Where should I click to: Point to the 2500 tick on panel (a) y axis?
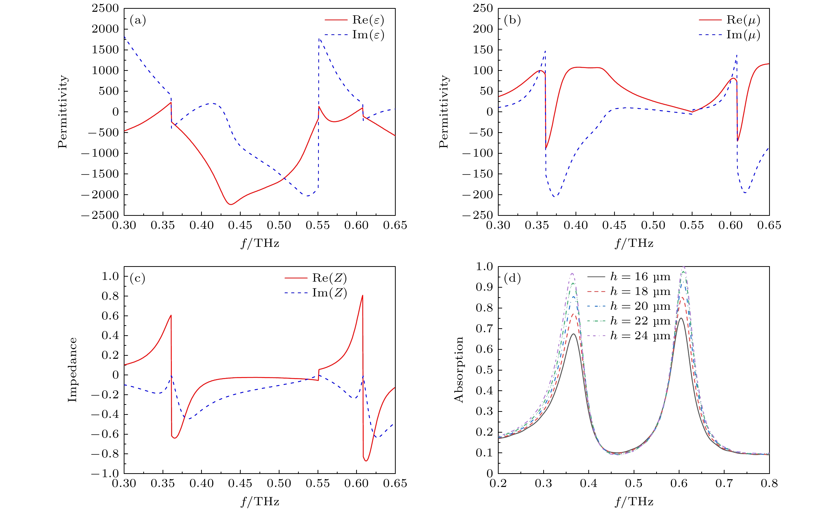(105, 8)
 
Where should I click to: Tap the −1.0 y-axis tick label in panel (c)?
(105, 473)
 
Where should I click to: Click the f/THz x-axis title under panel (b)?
(634, 243)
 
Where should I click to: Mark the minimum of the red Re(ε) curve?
(231, 204)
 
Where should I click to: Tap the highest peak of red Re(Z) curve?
(363, 295)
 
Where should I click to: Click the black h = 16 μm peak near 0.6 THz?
(681, 318)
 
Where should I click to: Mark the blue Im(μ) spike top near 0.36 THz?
(545, 51)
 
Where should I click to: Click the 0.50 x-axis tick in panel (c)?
(279, 483)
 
